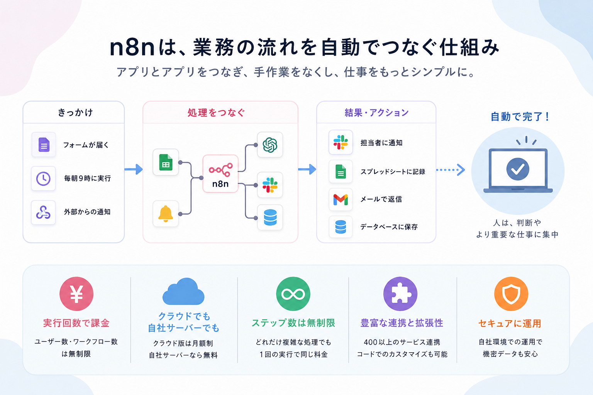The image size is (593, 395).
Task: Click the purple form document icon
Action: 44,145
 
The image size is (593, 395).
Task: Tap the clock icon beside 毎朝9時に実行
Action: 43,178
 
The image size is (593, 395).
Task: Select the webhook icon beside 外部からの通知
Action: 43,212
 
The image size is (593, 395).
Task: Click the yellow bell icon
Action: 166,214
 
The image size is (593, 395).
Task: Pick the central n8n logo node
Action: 220,174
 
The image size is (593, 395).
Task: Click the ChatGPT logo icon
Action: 270,145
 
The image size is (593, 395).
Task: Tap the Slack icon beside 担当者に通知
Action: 341,142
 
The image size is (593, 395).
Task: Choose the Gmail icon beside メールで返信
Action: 341,199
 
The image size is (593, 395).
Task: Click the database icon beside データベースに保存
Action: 341,227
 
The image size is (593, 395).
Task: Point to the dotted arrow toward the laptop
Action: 451,170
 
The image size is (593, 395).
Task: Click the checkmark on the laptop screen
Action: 518,169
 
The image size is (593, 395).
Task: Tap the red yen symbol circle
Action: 76,294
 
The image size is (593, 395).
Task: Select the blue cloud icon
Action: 183,292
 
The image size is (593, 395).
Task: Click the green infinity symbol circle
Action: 293,294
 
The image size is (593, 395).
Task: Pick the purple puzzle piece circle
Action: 400,294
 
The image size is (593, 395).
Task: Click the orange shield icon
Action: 511,294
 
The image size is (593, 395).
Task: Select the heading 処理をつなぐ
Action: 216,113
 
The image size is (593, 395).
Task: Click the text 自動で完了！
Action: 520,116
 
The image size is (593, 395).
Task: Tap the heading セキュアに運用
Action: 510,323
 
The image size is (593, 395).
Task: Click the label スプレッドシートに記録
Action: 393,172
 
